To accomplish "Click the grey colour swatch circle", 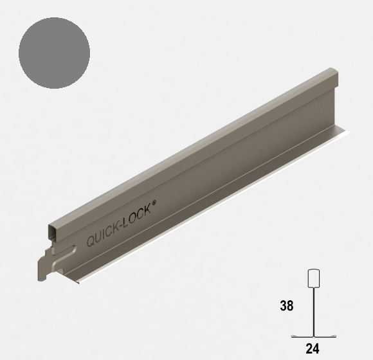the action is pyautogui.click(x=54, y=53).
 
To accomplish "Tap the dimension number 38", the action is pyautogui.click(x=287, y=305).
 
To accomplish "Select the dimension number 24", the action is pyautogui.click(x=313, y=349).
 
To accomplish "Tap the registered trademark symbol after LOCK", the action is pyautogui.click(x=154, y=203).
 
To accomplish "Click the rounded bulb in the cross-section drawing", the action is pyautogui.click(x=314, y=278).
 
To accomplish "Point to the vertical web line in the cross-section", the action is pyautogui.click(x=314, y=312).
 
